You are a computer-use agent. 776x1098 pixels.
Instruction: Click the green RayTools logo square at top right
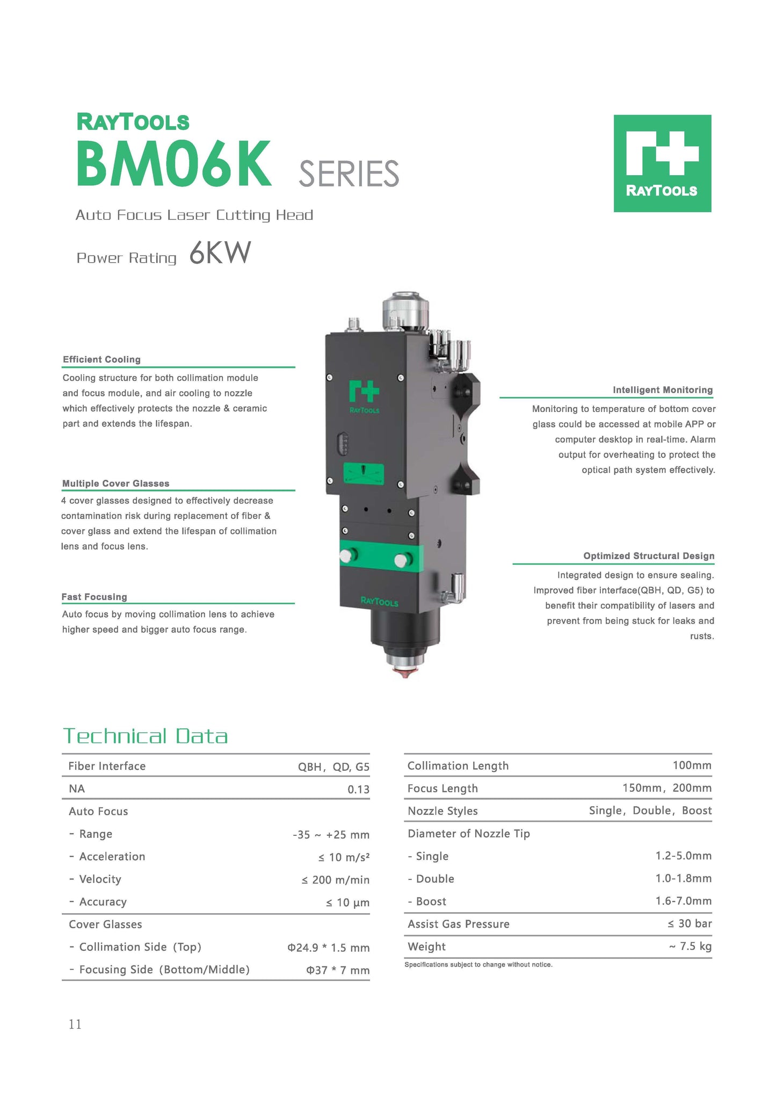(x=662, y=163)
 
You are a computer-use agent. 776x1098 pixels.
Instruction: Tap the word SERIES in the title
(x=349, y=174)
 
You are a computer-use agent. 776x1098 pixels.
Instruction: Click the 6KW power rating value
(x=220, y=253)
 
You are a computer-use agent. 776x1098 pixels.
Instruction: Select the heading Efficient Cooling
(x=101, y=359)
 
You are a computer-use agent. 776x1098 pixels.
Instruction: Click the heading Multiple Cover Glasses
(x=115, y=483)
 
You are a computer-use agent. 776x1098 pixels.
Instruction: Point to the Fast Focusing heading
(x=94, y=597)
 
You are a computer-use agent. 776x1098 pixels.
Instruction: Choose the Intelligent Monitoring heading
(x=663, y=390)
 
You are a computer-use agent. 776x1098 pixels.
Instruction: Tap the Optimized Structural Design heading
(x=649, y=556)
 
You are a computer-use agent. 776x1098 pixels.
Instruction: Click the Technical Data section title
(x=146, y=736)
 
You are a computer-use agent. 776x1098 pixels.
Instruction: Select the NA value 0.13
(x=358, y=789)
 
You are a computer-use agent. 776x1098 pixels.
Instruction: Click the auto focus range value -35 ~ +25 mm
(x=331, y=835)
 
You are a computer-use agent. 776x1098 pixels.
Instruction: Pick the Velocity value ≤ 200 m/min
(x=335, y=880)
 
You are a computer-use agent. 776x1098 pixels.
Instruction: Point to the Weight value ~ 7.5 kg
(x=690, y=947)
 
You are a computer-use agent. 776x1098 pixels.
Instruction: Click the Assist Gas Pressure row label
(x=458, y=924)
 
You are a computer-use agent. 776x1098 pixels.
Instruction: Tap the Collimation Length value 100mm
(x=692, y=765)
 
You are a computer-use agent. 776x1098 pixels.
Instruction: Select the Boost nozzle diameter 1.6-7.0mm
(x=683, y=901)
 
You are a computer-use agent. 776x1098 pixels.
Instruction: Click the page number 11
(x=75, y=1024)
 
